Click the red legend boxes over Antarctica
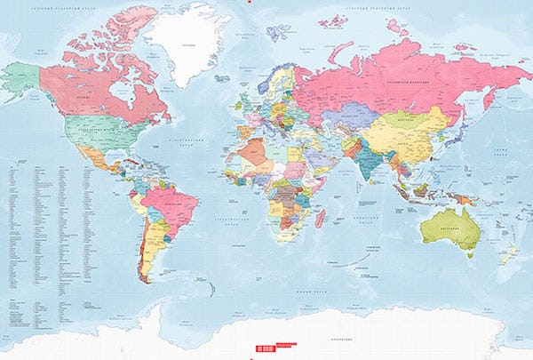click(275, 349)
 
